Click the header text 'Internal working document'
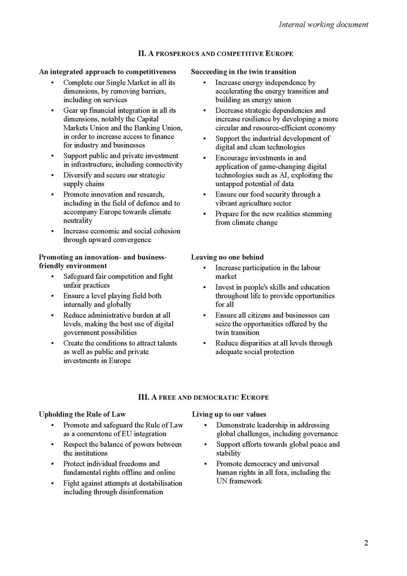323,24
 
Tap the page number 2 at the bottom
366,543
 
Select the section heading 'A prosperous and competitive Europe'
203,53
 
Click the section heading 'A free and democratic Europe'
203,397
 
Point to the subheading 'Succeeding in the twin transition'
243,72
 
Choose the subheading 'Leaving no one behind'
227,257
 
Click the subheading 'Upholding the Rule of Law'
82,414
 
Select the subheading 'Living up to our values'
229,414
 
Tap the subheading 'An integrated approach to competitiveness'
108,72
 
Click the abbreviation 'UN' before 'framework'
222,481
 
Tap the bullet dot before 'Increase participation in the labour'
204,268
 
